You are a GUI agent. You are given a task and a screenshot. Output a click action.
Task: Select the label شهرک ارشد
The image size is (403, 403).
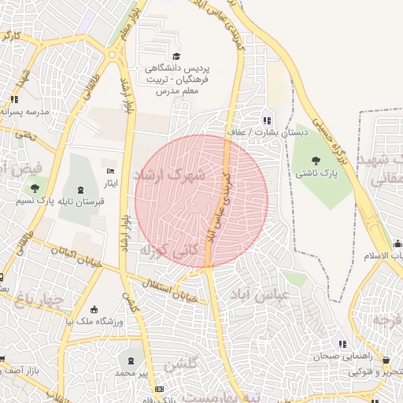[169, 173]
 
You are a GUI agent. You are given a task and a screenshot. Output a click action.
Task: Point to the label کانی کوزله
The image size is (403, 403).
[161, 251]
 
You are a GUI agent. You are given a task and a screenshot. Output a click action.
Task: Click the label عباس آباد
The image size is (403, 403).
[261, 293]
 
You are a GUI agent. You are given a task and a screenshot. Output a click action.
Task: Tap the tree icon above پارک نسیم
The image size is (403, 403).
[34, 188]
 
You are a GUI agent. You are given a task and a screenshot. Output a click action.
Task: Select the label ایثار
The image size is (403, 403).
[110, 183]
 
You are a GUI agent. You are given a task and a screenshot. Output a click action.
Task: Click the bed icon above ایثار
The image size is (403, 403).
[110, 171]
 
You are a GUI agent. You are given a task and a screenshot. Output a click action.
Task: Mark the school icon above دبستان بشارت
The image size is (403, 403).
[267, 120]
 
